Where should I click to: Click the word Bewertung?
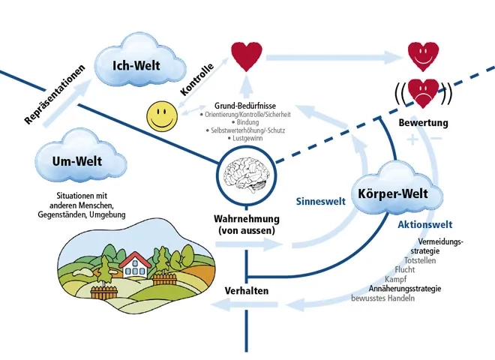point(424,122)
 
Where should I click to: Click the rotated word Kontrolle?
point(197,79)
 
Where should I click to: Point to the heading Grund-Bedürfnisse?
point(247,106)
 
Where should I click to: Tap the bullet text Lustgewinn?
point(247,139)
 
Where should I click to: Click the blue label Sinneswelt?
point(320,201)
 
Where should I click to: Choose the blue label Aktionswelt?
point(424,224)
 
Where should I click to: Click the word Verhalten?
point(247,290)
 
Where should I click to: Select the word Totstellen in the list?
point(420,259)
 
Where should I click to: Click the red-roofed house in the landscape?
point(136,263)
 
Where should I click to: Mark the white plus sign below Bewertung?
point(412,139)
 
